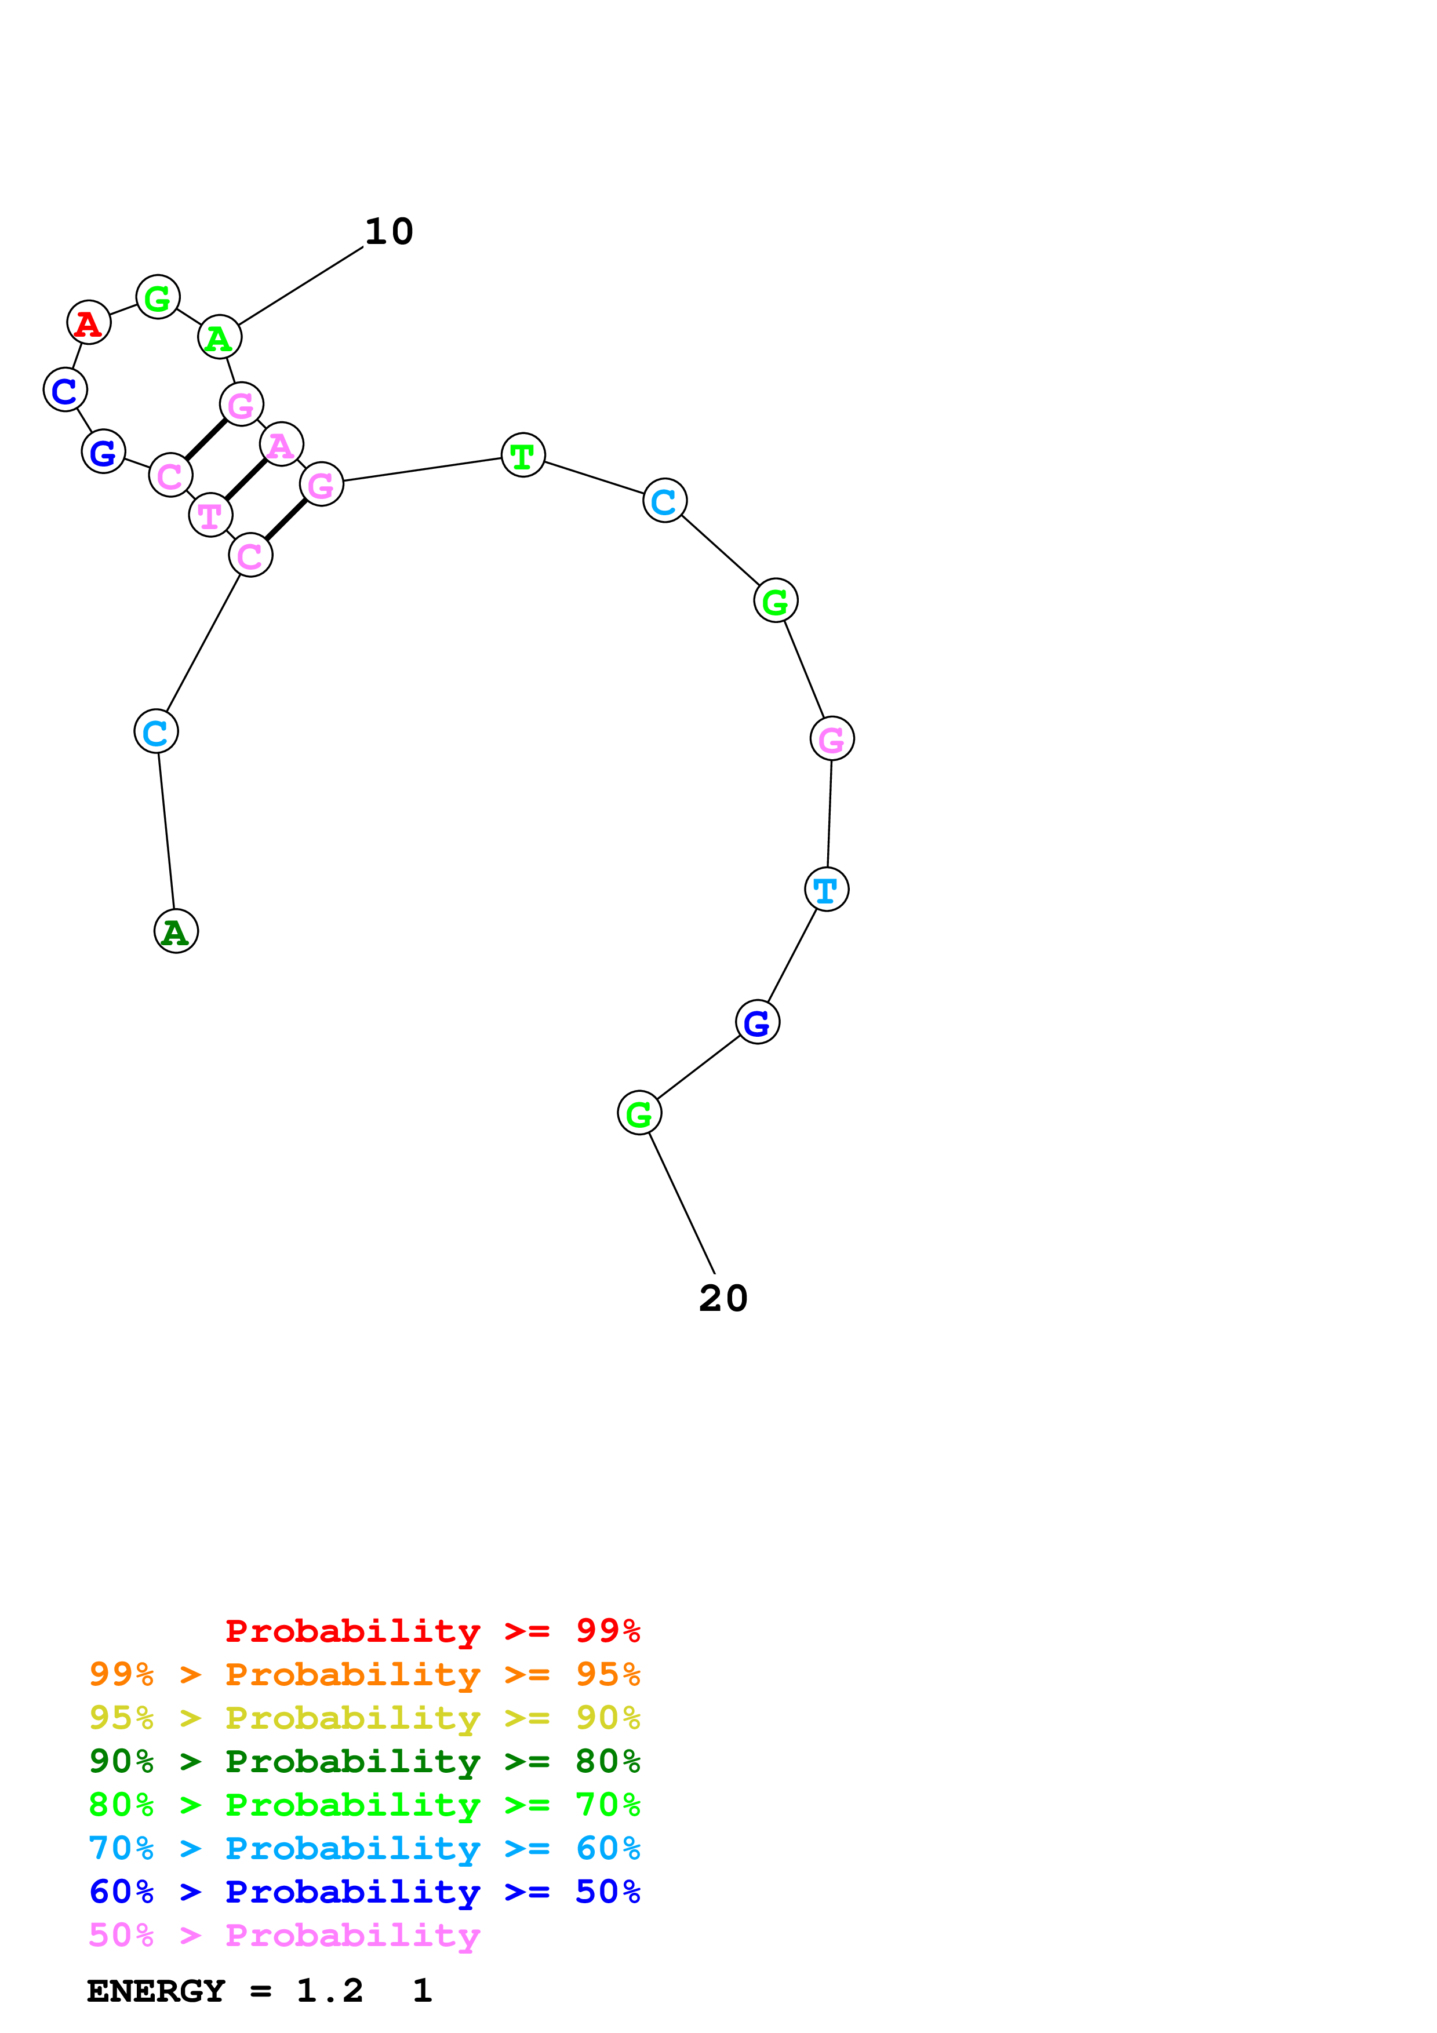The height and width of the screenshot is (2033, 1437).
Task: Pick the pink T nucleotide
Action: pyautogui.click(x=210, y=515)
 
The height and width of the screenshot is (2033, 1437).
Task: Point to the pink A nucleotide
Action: pyautogui.click(x=282, y=445)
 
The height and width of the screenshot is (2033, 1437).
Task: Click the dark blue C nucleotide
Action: pyautogui.click(x=65, y=389)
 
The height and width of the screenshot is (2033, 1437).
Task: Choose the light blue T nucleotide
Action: pyautogui.click(x=826, y=889)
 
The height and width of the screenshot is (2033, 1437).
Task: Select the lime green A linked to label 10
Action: pyautogui.click(x=219, y=337)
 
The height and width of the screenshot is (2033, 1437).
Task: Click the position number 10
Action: pyautogui.click(x=389, y=232)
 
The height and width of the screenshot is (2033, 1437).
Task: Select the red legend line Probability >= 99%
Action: pyautogui.click(x=432, y=1630)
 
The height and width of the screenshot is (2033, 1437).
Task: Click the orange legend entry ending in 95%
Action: pyautogui.click(x=364, y=1674)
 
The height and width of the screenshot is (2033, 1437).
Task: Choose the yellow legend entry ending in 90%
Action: pyautogui.click(x=364, y=1717)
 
